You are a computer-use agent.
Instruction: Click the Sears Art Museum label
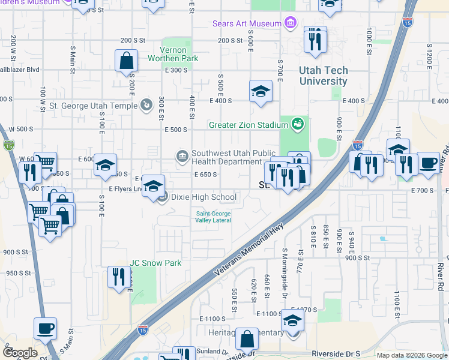[247, 23]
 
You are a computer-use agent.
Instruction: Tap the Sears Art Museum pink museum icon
[291, 23]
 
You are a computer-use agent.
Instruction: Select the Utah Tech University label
[323, 76]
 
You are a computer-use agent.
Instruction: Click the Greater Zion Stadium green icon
[297, 125]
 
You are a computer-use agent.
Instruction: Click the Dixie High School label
[203, 197]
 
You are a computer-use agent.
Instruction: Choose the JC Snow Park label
[155, 263]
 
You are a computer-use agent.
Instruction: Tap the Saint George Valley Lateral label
[213, 217]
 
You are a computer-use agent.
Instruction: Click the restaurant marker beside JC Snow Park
[118, 277]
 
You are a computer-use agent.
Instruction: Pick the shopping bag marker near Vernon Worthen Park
[127, 61]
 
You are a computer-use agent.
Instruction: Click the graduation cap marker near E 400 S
[261, 91]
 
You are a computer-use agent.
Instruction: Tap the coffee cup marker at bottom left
[45, 329]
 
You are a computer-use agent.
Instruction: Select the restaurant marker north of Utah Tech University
[315, 40]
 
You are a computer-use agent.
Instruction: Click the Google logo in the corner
[20, 353]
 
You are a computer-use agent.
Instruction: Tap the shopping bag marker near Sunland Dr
[247, 339]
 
